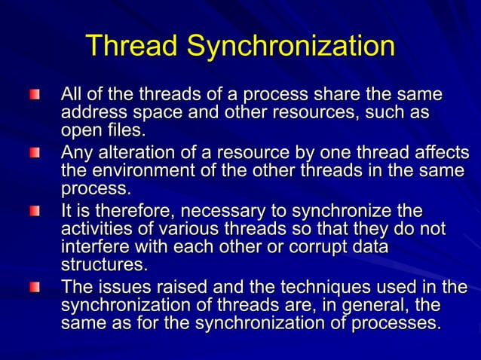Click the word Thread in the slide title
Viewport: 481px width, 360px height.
133,47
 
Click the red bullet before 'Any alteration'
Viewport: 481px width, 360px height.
35,154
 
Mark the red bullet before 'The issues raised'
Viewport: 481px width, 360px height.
35,287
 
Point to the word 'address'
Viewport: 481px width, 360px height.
91,114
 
